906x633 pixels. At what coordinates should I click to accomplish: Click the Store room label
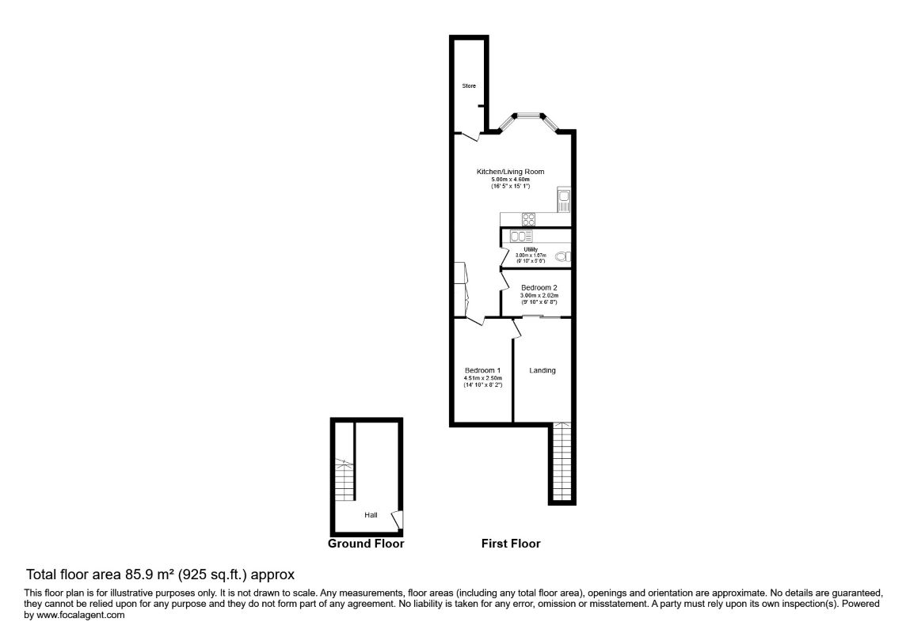469,85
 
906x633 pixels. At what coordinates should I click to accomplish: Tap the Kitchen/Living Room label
510,172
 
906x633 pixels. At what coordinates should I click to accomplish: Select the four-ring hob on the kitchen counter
528,219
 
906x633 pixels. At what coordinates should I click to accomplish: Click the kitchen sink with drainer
563,200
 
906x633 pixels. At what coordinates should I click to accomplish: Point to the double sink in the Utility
522,236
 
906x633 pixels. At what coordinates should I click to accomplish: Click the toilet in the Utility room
564,256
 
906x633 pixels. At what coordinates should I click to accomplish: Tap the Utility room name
531,249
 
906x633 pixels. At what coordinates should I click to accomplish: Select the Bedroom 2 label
539,287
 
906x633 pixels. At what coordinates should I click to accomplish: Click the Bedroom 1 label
482,370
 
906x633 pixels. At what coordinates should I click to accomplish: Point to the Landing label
542,370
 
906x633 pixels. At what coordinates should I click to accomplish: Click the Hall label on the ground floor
371,515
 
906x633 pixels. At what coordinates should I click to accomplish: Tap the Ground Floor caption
366,544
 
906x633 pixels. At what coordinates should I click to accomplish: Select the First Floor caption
511,544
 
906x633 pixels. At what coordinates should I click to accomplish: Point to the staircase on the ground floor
344,478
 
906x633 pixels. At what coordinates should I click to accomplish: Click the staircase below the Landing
561,462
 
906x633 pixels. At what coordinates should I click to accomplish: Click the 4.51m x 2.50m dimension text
483,378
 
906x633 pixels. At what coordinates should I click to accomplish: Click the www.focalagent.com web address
79,615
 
